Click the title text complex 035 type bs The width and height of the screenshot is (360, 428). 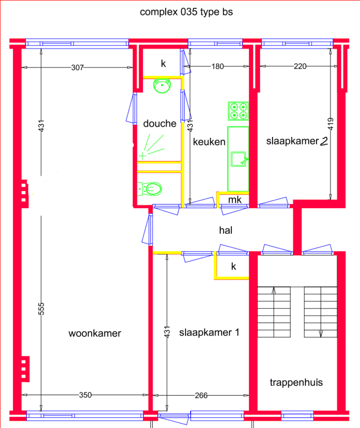(186, 12)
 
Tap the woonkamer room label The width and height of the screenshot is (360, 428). (95, 333)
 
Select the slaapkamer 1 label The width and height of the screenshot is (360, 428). (209, 332)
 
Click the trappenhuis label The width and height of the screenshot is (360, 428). (296, 382)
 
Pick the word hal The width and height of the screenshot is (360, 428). (226, 230)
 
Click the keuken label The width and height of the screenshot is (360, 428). (209, 142)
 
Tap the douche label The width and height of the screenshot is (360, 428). (160, 123)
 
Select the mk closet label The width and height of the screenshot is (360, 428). (234, 200)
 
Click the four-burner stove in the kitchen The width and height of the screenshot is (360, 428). (238, 111)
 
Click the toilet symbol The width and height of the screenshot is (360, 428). (150, 188)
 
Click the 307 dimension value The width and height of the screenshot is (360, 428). (77, 67)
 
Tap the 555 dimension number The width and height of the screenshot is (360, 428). (41, 308)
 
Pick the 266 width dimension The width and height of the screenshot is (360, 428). (201, 395)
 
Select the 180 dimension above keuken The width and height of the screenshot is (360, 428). (217, 66)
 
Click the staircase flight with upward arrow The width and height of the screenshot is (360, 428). (274, 312)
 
